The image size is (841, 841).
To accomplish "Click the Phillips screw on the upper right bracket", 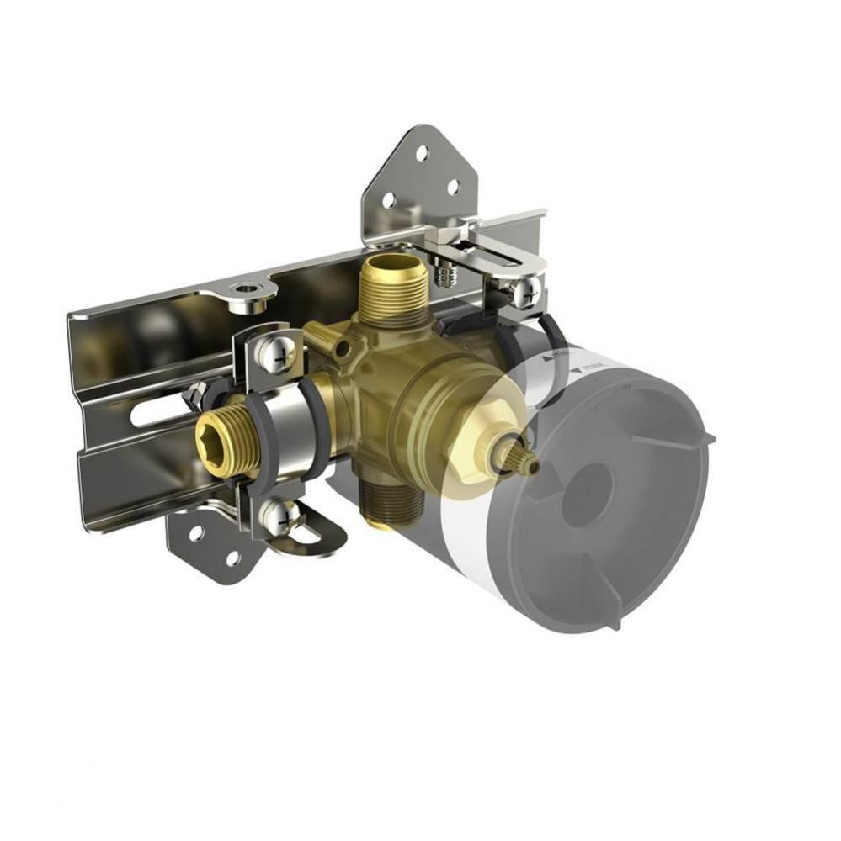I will [526, 291].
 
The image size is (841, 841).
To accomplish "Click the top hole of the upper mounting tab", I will [421, 155].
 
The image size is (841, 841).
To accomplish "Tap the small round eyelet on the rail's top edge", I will [247, 291].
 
